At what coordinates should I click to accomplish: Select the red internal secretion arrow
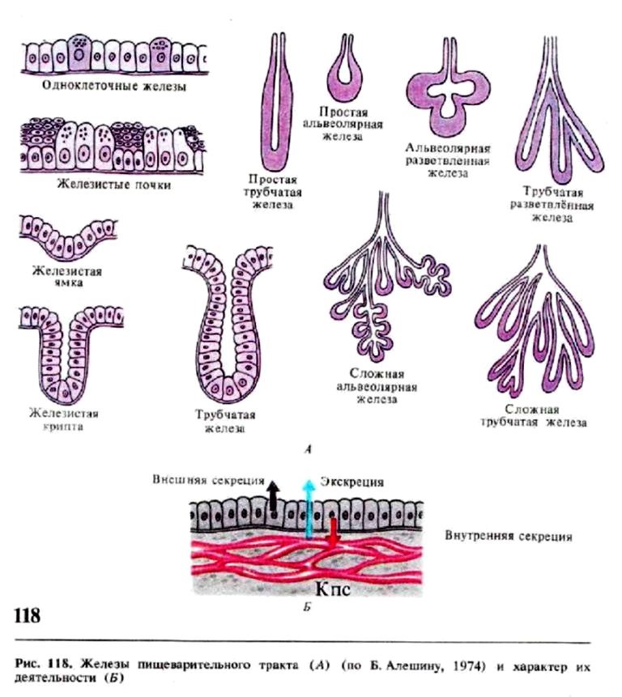[x=331, y=535]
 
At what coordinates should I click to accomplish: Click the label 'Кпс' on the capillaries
[x=332, y=589]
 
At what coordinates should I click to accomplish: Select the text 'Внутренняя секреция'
[x=509, y=536]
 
